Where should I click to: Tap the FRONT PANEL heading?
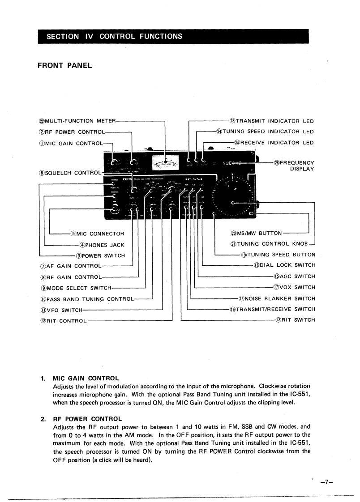coord(64,65)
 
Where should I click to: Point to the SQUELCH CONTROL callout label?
coord(70,173)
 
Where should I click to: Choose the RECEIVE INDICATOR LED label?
coord(274,143)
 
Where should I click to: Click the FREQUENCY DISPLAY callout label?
coord(294,166)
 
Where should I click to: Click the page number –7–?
coord(327,482)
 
